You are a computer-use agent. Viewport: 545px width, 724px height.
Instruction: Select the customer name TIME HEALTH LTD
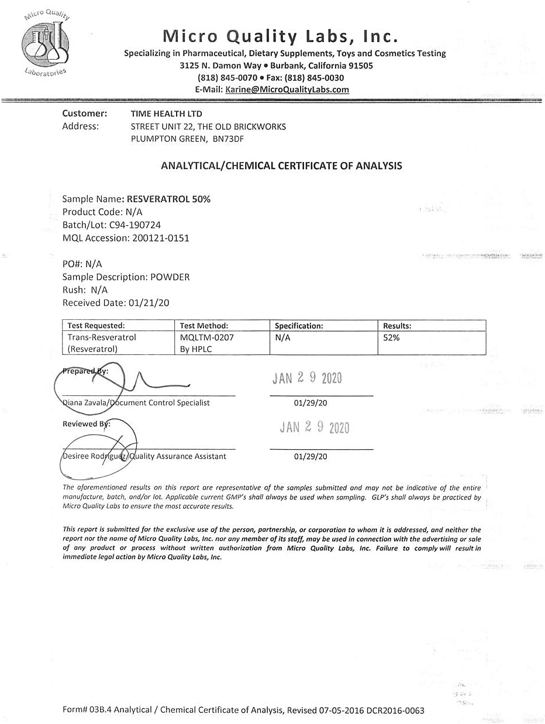click(x=166, y=113)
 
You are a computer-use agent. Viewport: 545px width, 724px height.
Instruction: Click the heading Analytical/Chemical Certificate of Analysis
click(x=281, y=166)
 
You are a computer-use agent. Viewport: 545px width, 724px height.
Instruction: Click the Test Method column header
click(x=204, y=326)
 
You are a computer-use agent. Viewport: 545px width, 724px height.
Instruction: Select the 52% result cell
click(x=391, y=337)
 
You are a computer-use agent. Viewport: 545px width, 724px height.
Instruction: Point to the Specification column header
click(x=299, y=326)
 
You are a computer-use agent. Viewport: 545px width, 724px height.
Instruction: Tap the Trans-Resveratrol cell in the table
click(x=102, y=337)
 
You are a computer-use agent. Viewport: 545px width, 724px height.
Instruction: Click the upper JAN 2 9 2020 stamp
click(x=307, y=378)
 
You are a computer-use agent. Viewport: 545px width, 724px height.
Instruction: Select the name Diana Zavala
click(x=85, y=403)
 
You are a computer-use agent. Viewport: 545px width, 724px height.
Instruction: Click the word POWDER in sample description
click(x=170, y=277)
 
